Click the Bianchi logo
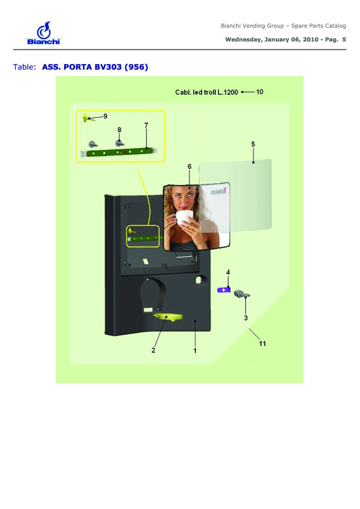[x=44, y=33]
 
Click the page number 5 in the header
[x=344, y=40]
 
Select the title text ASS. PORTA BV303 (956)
[x=95, y=67]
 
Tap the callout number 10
[x=260, y=92]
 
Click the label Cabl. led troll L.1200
[x=207, y=92]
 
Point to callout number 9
[x=105, y=116]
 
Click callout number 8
[x=119, y=130]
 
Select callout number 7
[x=146, y=125]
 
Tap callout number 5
[x=253, y=144]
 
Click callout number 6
[x=189, y=166]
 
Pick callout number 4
[x=228, y=272]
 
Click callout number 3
[x=246, y=318]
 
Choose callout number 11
[x=263, y=343]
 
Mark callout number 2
[x=153, y=350]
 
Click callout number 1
[x=195, y=351]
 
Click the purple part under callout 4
[x=224, y=290]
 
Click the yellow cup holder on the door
[x=168, y=317]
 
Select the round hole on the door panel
[x=199, y=279]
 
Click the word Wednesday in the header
[x=243, y=40]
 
